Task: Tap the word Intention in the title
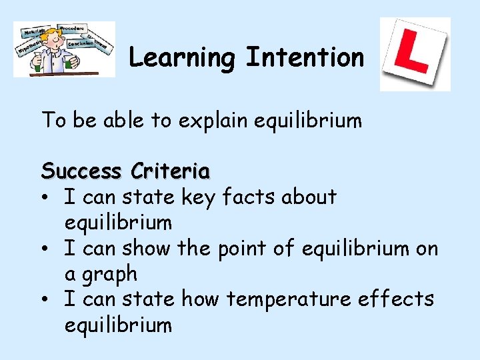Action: point(305,57)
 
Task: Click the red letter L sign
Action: point(415,54)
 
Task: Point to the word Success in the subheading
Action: point(81,171)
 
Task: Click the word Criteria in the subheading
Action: point(171,171)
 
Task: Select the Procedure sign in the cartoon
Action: point(73,29)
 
